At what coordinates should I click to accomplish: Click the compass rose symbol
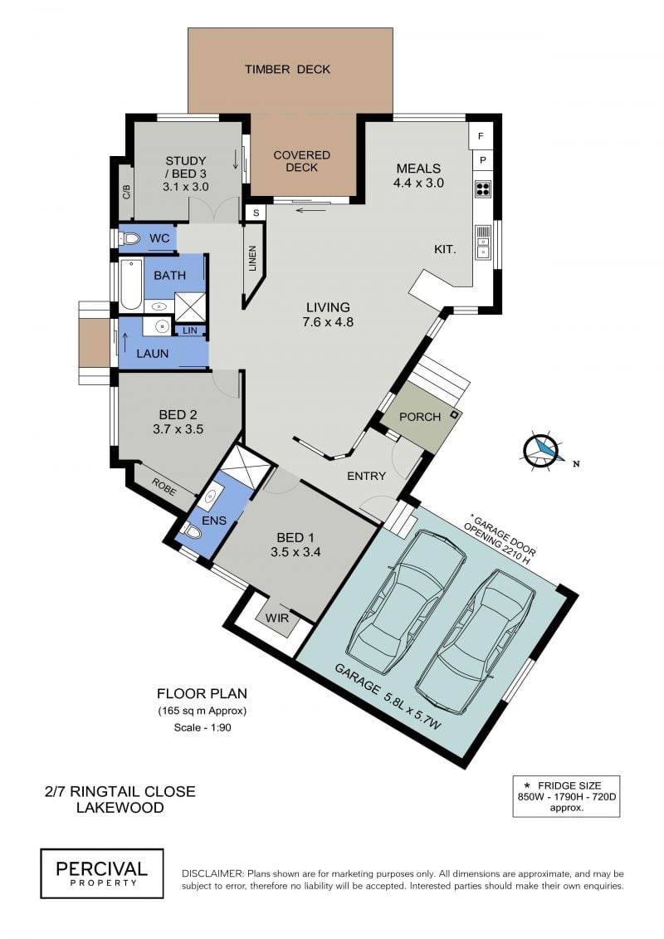540,449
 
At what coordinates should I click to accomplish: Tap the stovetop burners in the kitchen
483,188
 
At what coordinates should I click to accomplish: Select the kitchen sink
483,242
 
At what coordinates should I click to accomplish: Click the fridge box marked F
481,136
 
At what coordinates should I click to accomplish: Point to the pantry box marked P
482,160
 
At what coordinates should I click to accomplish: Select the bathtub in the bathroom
131,285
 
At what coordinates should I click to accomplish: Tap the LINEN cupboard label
252,258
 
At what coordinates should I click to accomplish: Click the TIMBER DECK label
287,70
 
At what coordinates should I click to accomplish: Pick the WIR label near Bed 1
277,617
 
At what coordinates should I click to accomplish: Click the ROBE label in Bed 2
164,487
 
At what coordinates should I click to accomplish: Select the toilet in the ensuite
193,531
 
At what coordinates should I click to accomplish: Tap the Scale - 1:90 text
203,727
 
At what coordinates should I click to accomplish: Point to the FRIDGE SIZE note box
566,796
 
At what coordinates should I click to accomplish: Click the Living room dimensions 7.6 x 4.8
329,322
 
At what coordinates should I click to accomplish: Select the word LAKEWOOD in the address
120,808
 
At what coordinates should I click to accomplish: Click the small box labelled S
256,213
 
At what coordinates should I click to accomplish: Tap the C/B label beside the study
126,191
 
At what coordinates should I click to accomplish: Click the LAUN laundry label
152,354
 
